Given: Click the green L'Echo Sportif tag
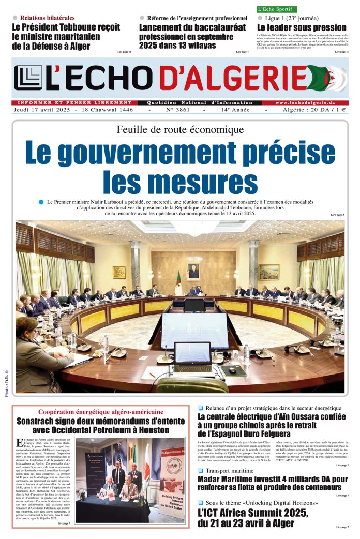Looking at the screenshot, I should coord(277,9).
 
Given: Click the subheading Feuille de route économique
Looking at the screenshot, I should coord(180,129).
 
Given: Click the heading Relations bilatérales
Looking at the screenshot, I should coord(47,18).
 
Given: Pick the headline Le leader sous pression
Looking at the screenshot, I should coord(302,27).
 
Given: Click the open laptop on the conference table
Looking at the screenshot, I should coord(192,356).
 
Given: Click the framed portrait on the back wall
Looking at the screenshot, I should coord(193,271).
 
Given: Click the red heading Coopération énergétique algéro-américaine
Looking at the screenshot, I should coord(100,412).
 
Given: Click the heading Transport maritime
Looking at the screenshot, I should coord(230,471).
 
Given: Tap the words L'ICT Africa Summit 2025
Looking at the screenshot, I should coord(253,513).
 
